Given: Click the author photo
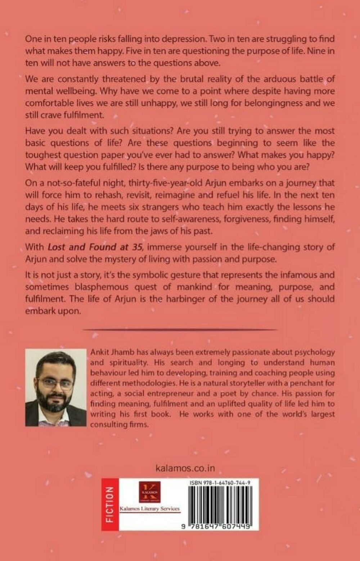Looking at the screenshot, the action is point(56,387).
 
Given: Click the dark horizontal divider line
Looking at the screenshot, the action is point(180,329).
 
